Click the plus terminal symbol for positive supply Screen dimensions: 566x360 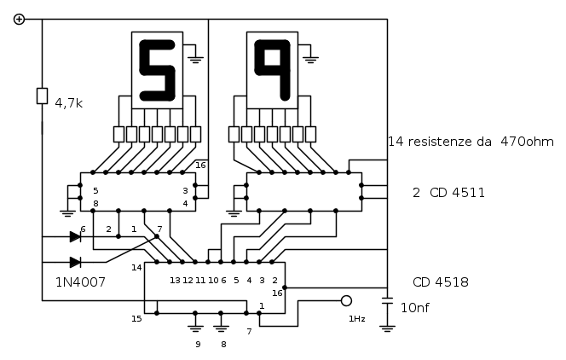(19, 19)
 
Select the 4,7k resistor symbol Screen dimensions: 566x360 (43, 96)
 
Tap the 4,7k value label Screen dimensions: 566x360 (68, 103)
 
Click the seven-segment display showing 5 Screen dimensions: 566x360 (158, 70)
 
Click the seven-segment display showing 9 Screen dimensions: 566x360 (272, 70)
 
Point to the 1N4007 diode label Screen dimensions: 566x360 (80, 282)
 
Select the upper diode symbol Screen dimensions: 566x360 (75, 237)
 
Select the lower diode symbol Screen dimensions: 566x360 (75, 262)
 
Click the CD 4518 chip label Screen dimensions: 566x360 (441, 282)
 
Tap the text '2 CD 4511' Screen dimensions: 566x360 (448, 193)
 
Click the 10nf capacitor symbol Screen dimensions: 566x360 (387, 301)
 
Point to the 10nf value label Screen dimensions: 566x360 (415, 308)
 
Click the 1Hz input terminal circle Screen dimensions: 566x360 (347, 300)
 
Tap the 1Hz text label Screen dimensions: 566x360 (357, 319)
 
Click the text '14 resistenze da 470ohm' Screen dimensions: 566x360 (471, 142)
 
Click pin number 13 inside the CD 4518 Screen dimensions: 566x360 (175, 280)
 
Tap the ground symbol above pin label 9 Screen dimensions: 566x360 (195, 329)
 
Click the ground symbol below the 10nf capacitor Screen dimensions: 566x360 (387, 329)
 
